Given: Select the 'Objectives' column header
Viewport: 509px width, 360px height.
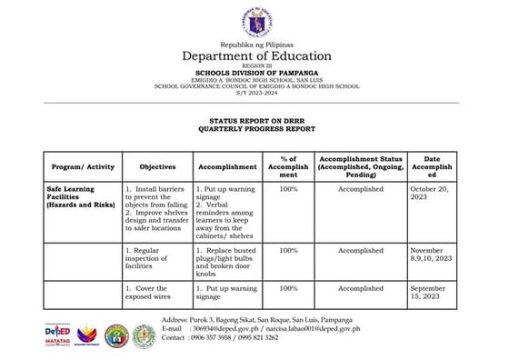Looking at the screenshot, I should (x=157, y=167).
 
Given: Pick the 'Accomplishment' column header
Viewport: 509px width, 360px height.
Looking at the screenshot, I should (x=227, y=167).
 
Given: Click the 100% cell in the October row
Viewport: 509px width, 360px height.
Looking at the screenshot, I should (x=289, y=189).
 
